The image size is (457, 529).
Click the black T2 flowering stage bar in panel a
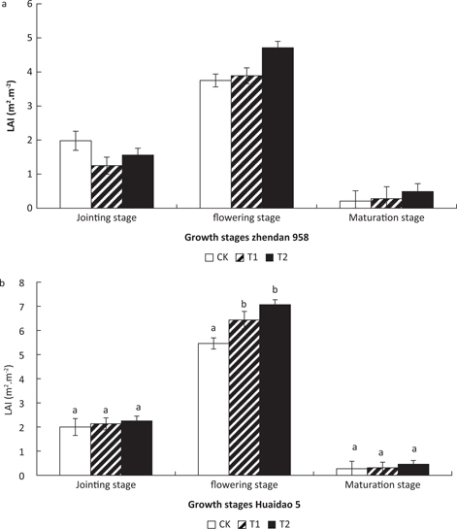pos(277,127)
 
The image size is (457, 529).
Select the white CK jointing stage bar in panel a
pos(76,174)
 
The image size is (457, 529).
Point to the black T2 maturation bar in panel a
pos(417,199)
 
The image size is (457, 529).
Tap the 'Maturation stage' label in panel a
pos(386,218)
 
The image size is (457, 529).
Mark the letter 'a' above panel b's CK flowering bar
pos(214,328)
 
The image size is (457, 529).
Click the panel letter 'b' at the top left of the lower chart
pos(5,281)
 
